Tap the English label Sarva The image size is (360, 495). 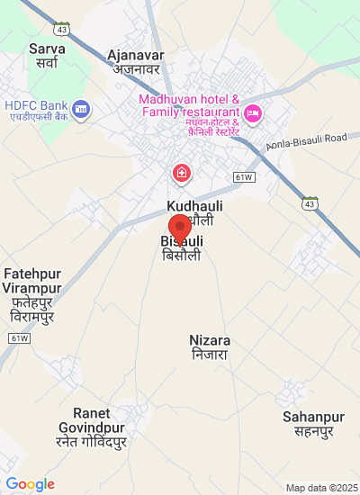47,48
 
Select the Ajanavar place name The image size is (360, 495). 135,55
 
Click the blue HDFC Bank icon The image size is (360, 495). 81,109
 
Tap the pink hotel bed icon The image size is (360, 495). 253,112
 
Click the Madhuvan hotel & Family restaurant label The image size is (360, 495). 188,105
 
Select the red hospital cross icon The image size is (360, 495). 182,171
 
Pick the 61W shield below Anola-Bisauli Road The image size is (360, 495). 243,177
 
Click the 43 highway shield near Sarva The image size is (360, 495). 61,29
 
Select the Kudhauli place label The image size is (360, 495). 195,206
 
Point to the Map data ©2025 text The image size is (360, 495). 319,488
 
